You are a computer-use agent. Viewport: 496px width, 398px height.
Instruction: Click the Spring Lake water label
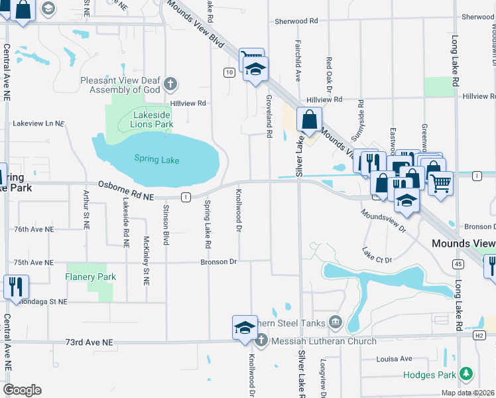(x=156, y=159)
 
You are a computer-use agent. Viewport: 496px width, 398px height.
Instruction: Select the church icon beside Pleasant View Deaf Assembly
(x=170, y=84)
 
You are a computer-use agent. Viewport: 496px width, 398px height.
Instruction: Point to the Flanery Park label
(x=91, y=277)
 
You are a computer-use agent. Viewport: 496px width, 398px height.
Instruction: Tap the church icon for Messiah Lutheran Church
(x=261, y=341)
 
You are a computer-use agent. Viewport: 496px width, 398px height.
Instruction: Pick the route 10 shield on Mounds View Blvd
(x=228, y=72)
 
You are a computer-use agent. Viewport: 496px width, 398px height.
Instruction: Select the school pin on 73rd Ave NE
(x=244, y=327)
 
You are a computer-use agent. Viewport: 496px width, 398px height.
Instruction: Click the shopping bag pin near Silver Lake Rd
(x=310, y=120)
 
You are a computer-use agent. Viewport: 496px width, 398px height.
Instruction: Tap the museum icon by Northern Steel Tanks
(x=336, y=323)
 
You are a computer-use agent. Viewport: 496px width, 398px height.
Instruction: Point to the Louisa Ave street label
(x=395, y=359)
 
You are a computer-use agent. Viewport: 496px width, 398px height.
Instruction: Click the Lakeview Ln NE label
(x=38, y=123)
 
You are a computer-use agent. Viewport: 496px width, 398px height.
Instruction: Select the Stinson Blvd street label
(x=166, y=222)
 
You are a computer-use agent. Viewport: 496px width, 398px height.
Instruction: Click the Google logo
(x=22, y=390)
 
